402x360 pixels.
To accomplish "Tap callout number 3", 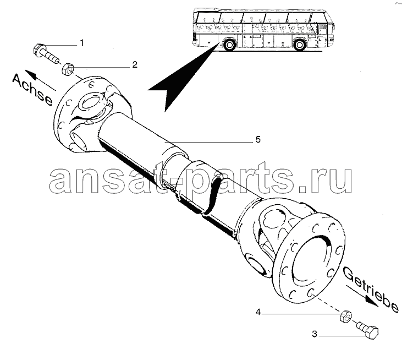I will coord(314,334).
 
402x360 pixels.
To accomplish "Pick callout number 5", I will coord(257,140).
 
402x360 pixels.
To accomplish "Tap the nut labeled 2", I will coord(68,69).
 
